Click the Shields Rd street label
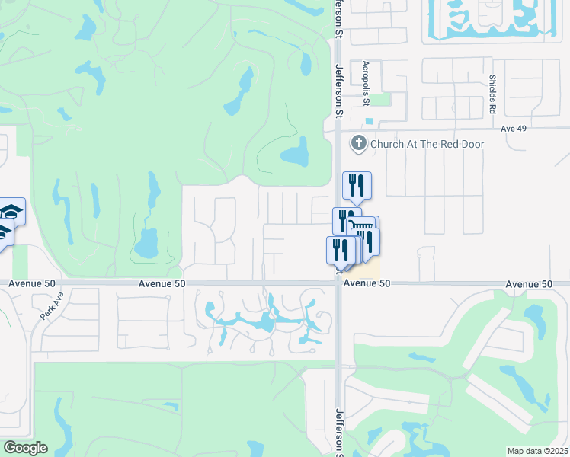coord(493,94)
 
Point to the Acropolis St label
coord(366,85)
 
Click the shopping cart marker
coord(363,228)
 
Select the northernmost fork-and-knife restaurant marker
coord(357,185)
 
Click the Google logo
coord(25,448)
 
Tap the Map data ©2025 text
coord(536,451)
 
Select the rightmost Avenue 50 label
coord(529,283)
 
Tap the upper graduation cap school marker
coord(11,211)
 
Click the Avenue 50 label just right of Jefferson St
coord(367,283)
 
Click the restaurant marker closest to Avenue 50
coord(340,251)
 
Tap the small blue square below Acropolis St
coord(370,121)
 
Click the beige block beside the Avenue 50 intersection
coord(368,269)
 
